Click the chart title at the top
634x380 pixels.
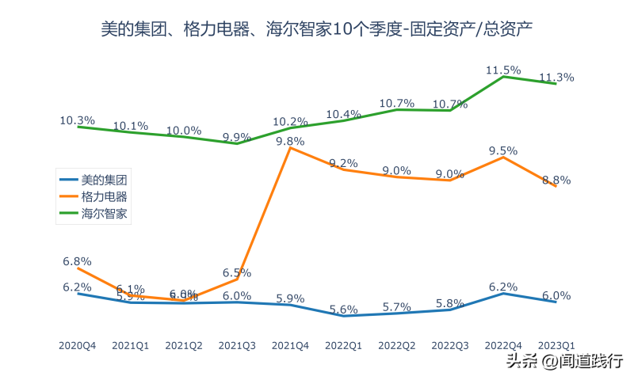click(317, 31)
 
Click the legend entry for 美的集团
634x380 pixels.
click(104, 180)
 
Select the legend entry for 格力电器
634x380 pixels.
click(104, 196)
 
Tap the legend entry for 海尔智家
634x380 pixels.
click(104, 214)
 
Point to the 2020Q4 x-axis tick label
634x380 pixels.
click(77, 346)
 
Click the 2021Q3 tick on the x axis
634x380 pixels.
click(236, 346)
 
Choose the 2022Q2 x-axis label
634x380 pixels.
click(397, 346)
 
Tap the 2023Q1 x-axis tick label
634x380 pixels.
click(556, 346)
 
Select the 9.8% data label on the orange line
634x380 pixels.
click(290, 142)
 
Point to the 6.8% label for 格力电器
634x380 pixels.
click(77, 260)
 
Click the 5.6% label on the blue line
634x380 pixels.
click(344, 309)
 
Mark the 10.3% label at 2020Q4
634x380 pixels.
click(77, 120)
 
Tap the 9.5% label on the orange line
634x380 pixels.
click(503, 150)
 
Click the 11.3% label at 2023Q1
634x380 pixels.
click(556, 77)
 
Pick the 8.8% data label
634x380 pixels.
click(556, 180)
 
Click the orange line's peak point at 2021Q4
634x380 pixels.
click(290, 148)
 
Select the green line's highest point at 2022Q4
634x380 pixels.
click(503, 76)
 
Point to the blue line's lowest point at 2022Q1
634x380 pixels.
click(344, 316)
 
